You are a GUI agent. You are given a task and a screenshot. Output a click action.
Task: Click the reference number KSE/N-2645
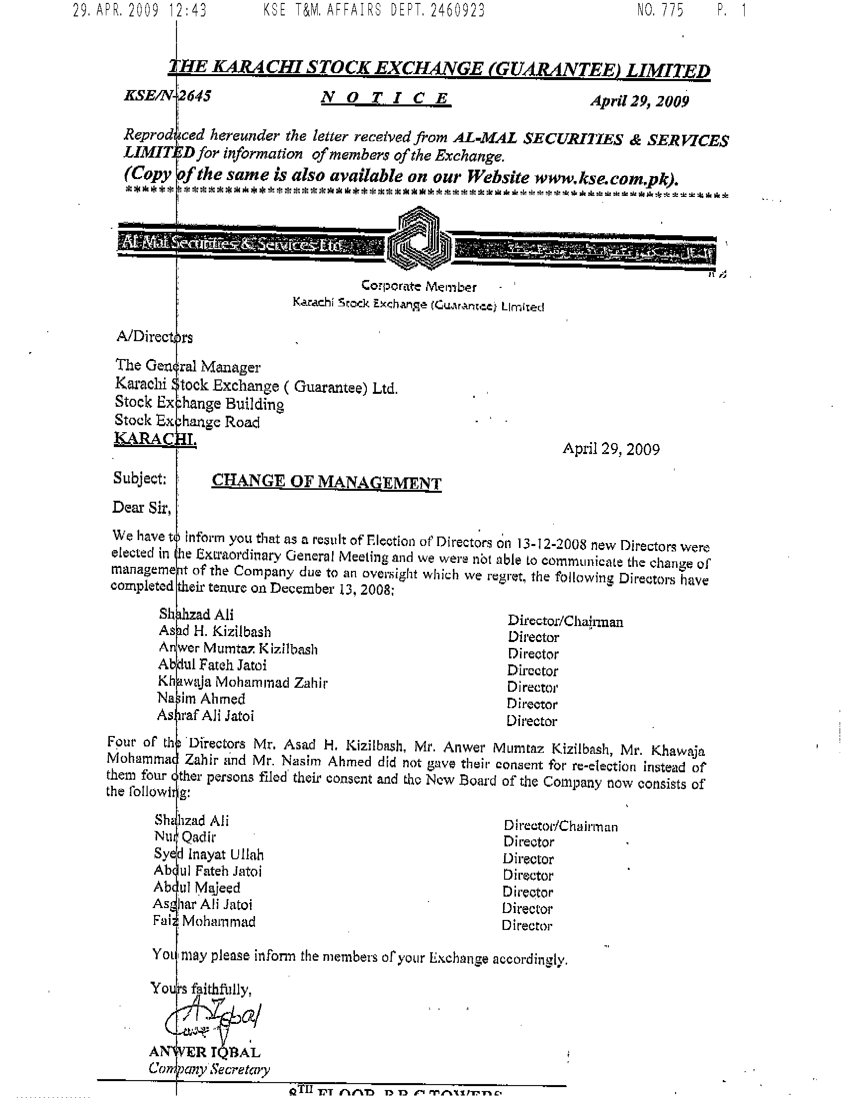(x=167, y=95)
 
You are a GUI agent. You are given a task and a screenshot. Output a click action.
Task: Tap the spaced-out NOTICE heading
(x=385, y=98)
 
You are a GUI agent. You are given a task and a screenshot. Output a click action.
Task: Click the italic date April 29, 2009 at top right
(x=639, y=101)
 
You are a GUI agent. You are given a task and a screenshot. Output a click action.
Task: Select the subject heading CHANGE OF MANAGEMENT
(x=327, y=482)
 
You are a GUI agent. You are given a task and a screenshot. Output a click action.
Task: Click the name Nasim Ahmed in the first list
(x=201, y=699)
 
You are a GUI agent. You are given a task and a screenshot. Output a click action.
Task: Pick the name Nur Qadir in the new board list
(x=185, y=837)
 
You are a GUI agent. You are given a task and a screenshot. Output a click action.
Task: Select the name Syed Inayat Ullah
(x=209, y=854)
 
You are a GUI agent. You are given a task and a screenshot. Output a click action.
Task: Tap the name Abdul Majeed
(x=197, y=888)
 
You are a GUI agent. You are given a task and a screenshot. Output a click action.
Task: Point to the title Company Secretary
(x=209, y=1069)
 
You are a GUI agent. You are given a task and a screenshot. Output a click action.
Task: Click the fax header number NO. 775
(x=660, y=10)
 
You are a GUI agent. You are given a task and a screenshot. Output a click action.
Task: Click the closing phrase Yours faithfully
(x=201, y=989)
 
